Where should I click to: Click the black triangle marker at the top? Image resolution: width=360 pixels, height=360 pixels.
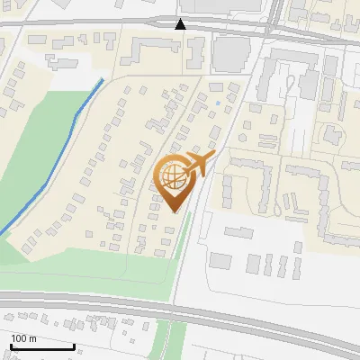(x=182, y=24)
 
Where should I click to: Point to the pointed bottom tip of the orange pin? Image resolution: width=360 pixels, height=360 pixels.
(x=175, y=211)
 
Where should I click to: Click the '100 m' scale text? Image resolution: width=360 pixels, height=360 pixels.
(x=23, y=338)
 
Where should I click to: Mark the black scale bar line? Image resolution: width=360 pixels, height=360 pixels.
(x=42, y=347)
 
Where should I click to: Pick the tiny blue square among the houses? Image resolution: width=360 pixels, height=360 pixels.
(x=217, y=103)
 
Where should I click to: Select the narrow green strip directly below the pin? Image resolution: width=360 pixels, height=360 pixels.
(x=181, y=252)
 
